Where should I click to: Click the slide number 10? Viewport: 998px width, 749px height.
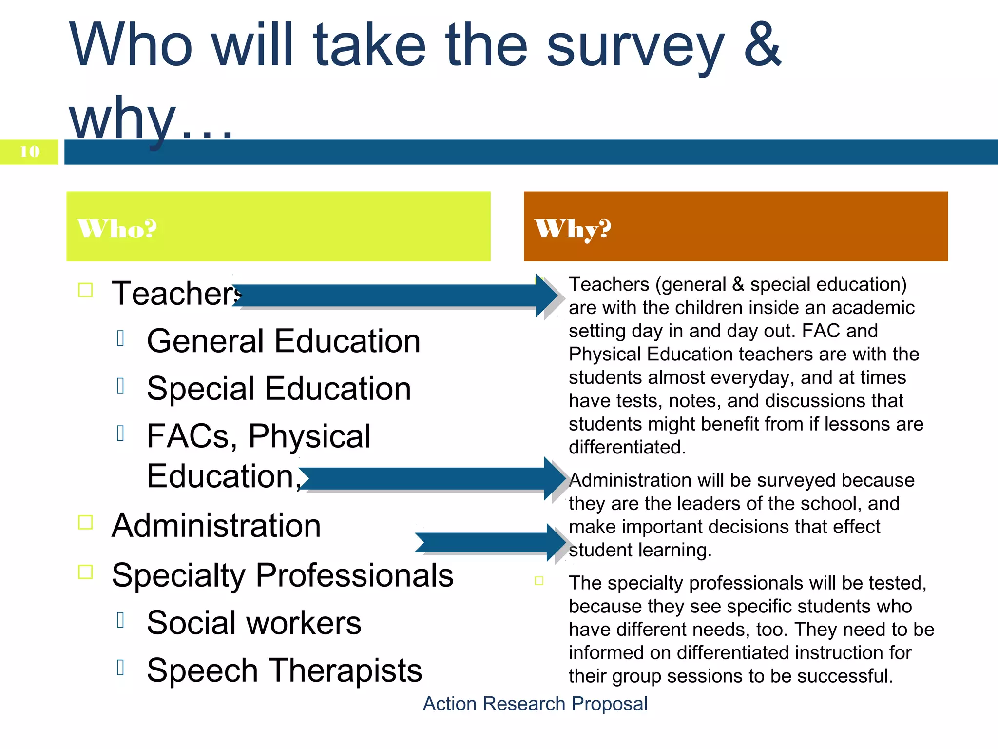(x=30, y=152)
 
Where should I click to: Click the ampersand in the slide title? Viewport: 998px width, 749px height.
(x=762, y=45)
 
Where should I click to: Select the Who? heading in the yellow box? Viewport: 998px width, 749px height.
(x=117, y=228)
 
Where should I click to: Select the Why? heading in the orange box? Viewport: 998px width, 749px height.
(x=573, y=228)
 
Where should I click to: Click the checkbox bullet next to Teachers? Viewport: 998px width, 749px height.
(x=86, y=290)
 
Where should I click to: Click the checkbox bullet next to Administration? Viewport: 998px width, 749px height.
(x=86, y=522)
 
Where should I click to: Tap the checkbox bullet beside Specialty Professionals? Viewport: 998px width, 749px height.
(x=86, y=572)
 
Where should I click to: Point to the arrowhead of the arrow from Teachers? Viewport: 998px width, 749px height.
(x=547, y=296)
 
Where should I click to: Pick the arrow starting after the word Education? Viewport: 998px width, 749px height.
(x=429, y=478)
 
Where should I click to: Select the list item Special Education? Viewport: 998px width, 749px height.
(x=279, y=388)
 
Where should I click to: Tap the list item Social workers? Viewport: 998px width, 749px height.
(x=254, y=623)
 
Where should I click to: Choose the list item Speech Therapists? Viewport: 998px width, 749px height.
(x=284, y=670)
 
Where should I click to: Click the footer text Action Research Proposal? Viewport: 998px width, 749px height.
(x=535, y=704)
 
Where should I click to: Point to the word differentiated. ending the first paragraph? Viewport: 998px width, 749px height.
(x=627, y=447)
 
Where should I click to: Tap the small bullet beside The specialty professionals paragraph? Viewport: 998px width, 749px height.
(x=539, y=581)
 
